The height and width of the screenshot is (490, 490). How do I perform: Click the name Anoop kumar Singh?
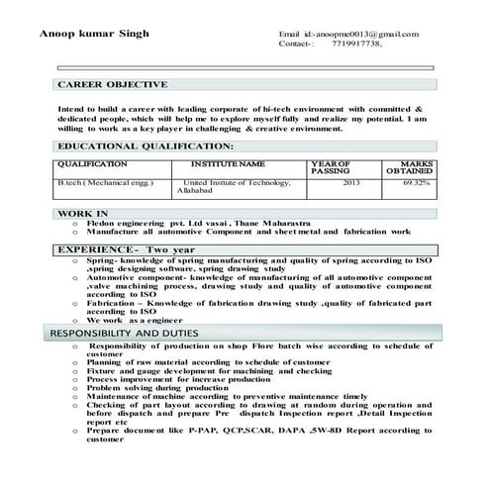pos(94,34)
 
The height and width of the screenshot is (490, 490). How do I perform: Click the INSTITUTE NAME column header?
pos(227,163)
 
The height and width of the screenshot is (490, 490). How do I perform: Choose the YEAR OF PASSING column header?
pos(331,167)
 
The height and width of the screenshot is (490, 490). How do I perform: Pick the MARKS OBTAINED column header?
pos(409,167)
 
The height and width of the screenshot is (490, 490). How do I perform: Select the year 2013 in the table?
pos(351,183)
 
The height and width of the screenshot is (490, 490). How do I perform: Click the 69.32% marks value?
pos(416,183)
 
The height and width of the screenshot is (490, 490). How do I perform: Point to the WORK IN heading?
pos(83,214)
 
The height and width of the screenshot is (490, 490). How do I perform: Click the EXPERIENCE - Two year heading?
pos(126,249)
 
